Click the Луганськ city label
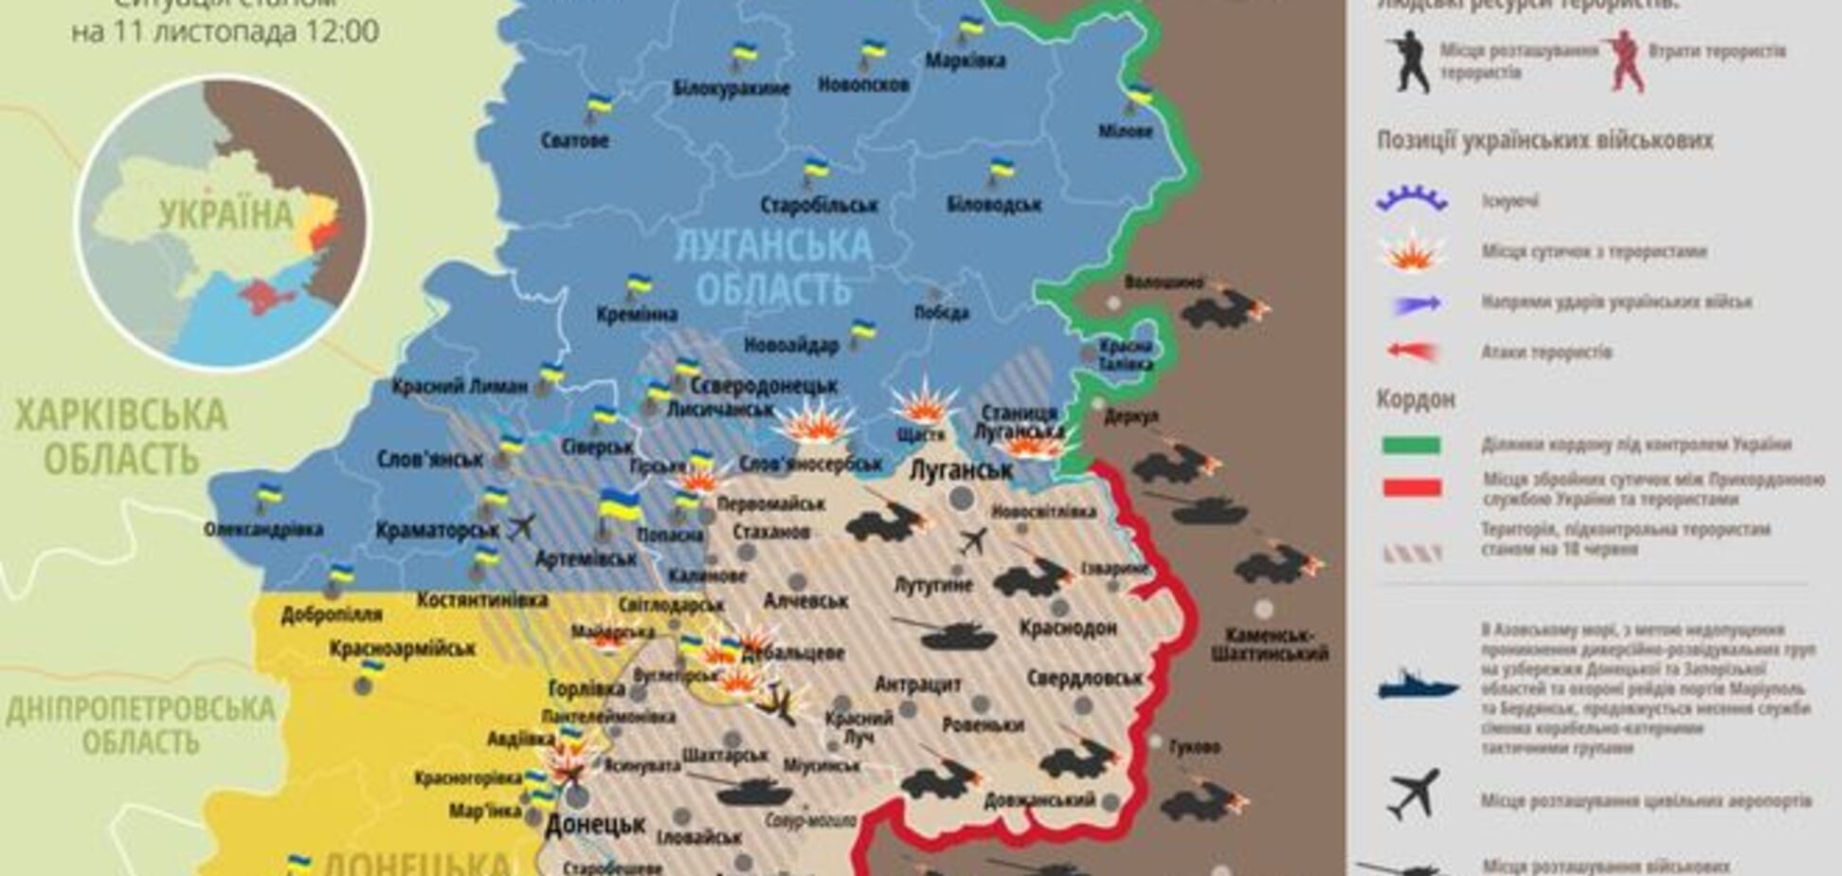coord(960,470)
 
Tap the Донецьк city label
coord(595,824)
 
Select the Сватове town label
coord(575,141)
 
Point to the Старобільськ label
coord(819,205)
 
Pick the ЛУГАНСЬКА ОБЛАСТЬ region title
coord(773,266)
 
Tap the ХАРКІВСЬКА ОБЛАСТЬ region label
coord(120,437)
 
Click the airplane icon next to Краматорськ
coord(521,526)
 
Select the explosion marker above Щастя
coord(922,403)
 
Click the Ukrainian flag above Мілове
coord(1140,94)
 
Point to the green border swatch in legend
coord(1411,446)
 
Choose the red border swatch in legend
coord(1411,488)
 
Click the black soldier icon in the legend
coord(1408,62)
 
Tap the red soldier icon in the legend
coord(1624,62)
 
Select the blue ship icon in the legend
coord(1417,685)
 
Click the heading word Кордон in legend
coord(1415,399)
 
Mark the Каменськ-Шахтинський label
coord(1269,644)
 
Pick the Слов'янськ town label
coord(430,459)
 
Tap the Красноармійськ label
coord(403,649)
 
